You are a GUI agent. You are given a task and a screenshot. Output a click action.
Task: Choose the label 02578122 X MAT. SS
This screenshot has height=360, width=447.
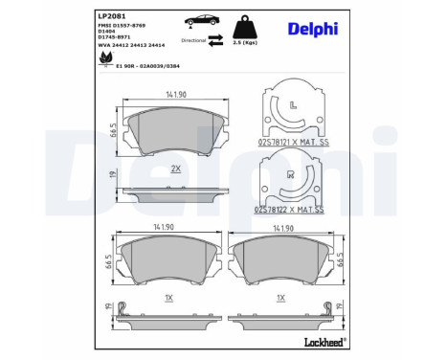pos(292,208)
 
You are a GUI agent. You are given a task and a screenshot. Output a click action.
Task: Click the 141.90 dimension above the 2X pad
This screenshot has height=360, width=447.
pos(175,94)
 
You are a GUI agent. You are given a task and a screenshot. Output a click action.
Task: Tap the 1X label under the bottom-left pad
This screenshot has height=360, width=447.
pos(168,298)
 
